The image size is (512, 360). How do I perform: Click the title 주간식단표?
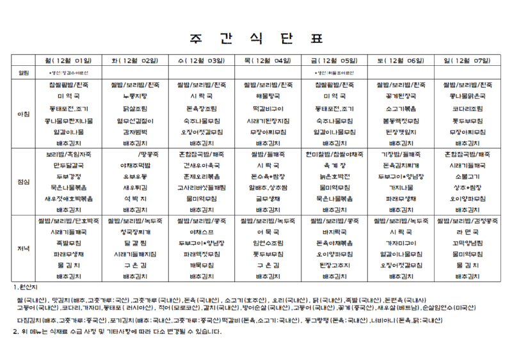pos(255,37)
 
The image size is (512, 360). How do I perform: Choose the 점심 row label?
pos(24,182)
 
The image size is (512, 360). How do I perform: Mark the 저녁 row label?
pos(24,250)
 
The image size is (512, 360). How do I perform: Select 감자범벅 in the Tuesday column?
pos(134,132)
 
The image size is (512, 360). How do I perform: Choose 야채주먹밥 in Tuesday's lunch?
pos(134,165)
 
